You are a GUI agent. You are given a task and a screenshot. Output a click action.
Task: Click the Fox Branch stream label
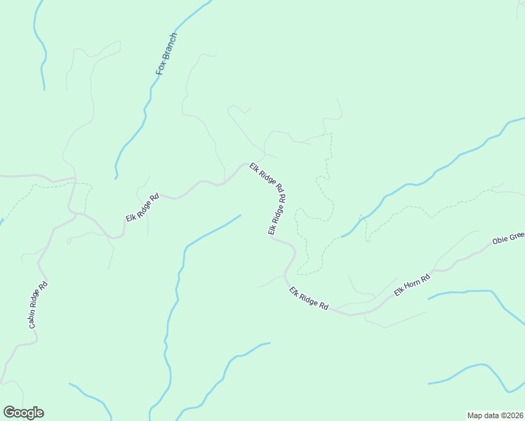tap(166, 55)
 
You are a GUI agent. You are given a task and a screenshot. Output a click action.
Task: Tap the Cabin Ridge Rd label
tap(39, 307)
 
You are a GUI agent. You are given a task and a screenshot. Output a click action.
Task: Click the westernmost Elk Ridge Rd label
tap(142, 208)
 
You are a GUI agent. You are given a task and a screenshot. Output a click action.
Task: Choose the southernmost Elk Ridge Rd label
tap(309, 298)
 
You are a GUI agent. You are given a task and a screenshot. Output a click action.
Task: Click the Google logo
tap(23, 413)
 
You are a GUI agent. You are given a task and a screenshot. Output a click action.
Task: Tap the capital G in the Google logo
tap(9, 413)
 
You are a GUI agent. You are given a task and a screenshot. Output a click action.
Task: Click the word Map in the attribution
tap(476, 415)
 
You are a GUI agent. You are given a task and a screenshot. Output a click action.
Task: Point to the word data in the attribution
tap(492, 415)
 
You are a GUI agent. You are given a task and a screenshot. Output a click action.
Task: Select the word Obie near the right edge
tap(500, 241)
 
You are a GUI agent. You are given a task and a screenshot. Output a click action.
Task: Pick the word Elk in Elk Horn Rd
tap(399, 290)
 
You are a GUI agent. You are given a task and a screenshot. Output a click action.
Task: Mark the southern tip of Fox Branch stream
tap(116, 178)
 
